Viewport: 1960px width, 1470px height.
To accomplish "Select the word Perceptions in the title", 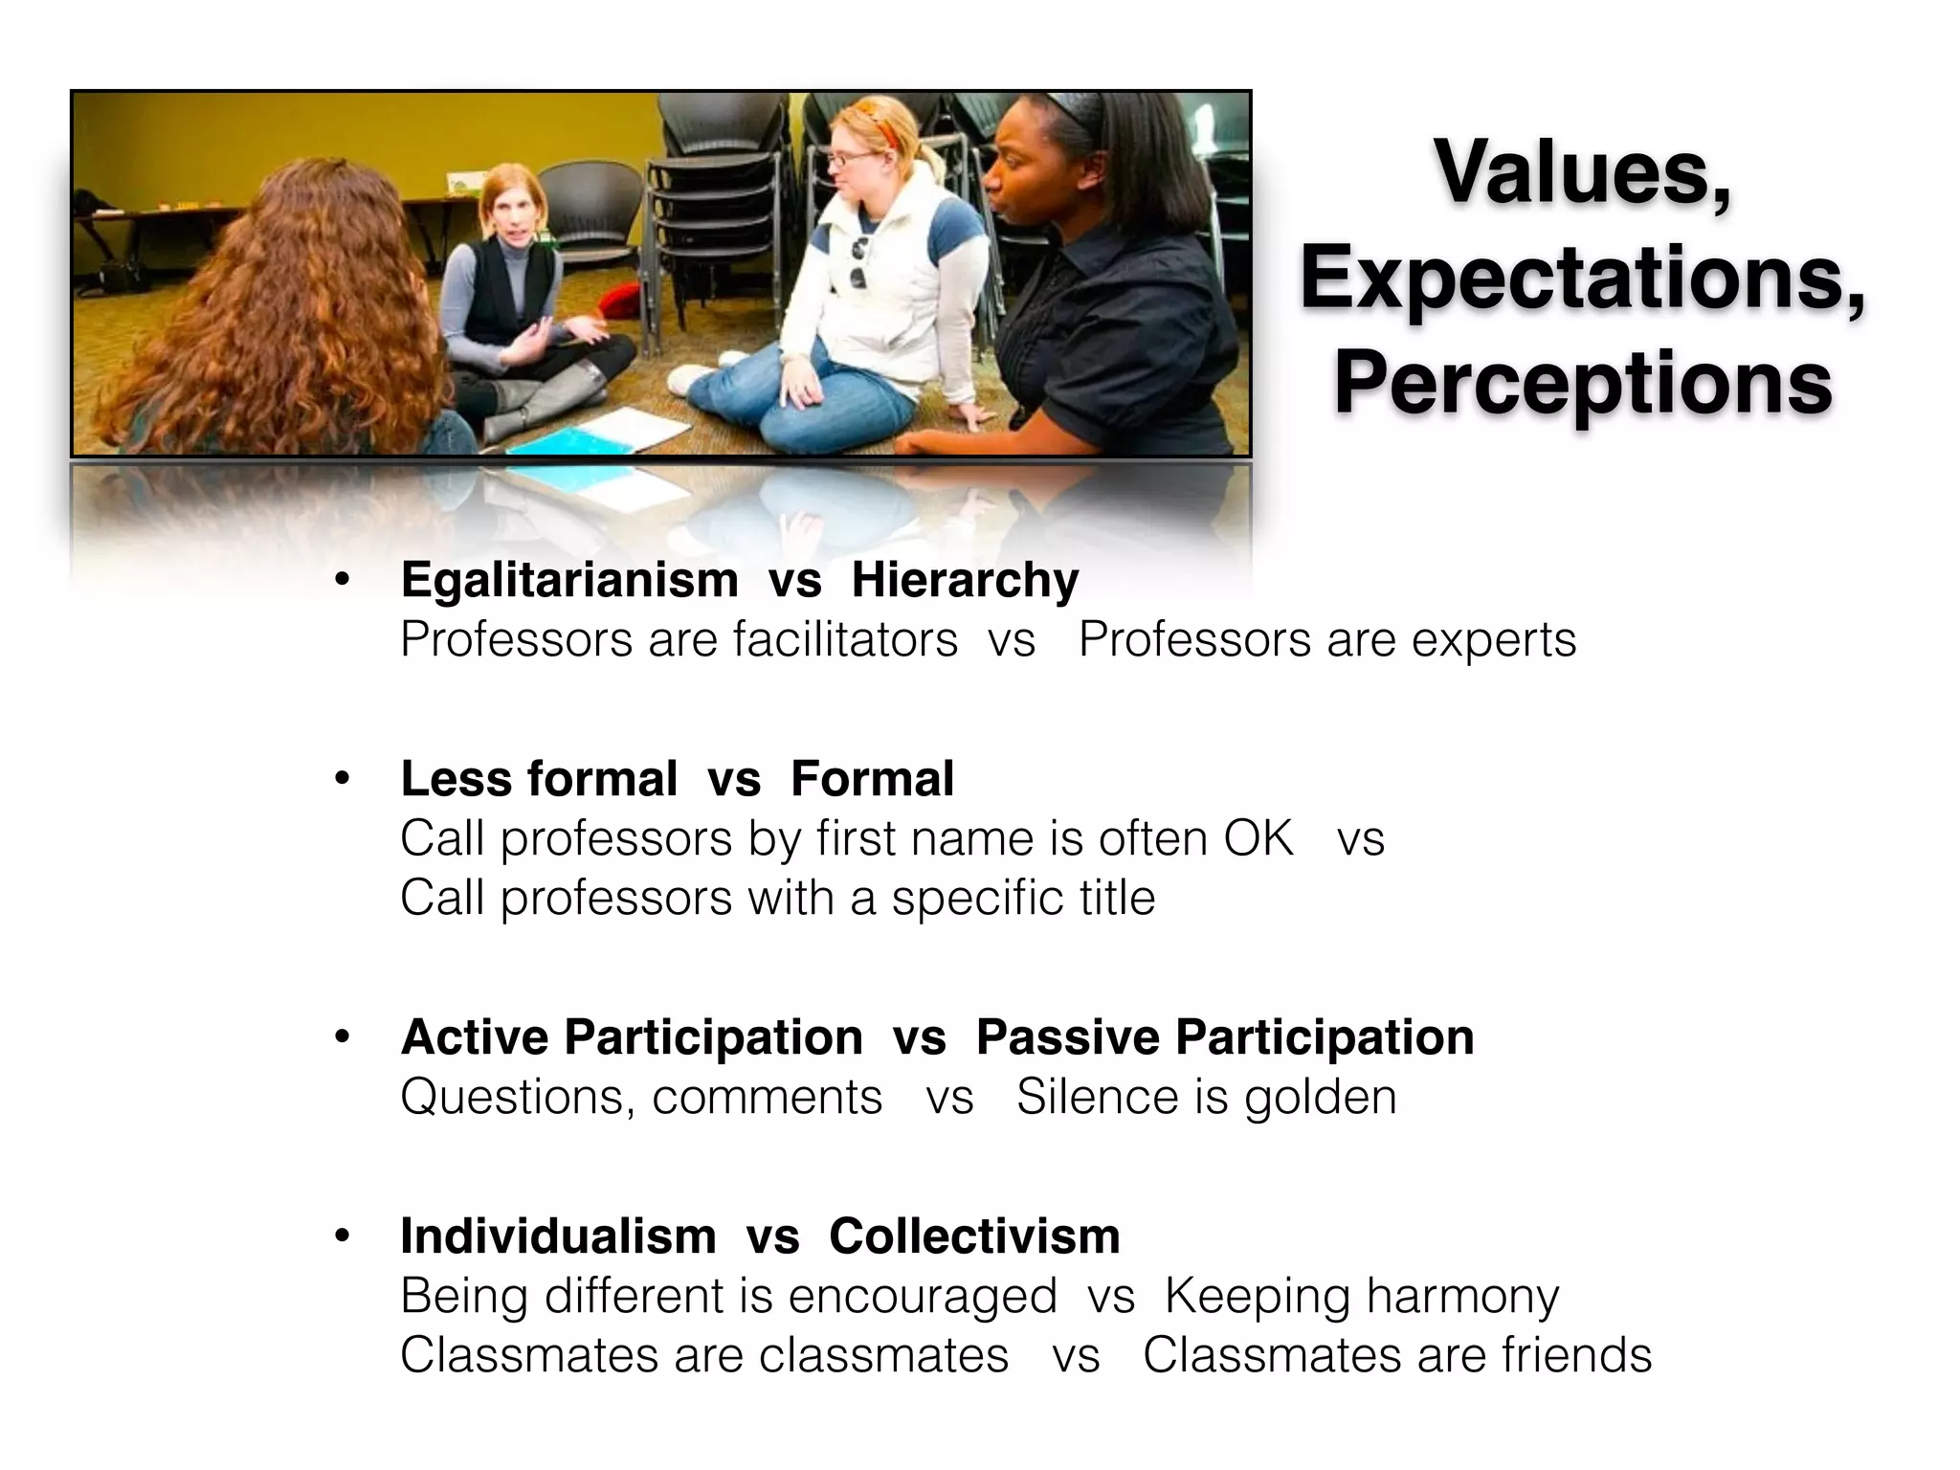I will [1582, 383].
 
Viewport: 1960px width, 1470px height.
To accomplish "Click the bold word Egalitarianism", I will [569, 580].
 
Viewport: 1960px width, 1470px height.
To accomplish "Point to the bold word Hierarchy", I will [965, 580].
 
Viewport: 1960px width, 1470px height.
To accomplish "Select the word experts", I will [1493, 639].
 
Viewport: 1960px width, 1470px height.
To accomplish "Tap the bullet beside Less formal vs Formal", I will [342, 779].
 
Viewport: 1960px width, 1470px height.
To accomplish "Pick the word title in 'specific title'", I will [1115, 898].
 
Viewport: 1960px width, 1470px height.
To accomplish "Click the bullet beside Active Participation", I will [342, 1037].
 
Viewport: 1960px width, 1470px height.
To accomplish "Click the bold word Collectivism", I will [974, 1236].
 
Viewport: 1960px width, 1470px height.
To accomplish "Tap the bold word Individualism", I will [558, 1236].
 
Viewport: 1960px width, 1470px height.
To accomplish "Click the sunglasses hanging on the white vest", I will [858, 263].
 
